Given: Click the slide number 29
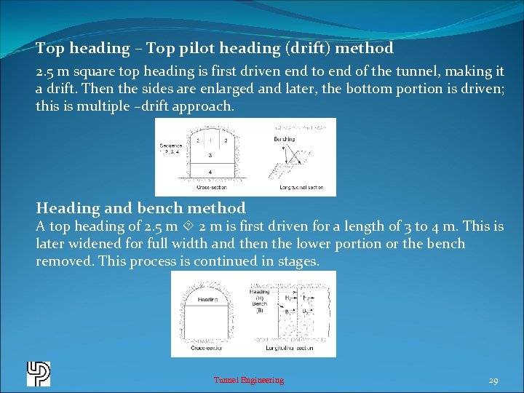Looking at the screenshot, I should [x=493, y=380].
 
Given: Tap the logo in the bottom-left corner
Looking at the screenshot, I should [x=38, y=373].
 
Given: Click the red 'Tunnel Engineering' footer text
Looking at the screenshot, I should [x=248, y=380].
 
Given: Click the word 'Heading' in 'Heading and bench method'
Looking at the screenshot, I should [x=67, y=208].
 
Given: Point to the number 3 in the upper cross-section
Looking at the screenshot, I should [x=210, y=155].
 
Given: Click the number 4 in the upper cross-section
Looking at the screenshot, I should [x=210, y=172].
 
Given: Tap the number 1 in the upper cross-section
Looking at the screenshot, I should [x=210, y=139].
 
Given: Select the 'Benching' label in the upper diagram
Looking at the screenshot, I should [x=285, y=138].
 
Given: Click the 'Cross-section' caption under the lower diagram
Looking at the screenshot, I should [x=207, y=349].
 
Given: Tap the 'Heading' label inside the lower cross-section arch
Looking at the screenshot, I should [x=207, y=299].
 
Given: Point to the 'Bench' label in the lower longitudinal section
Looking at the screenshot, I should [x=259, y=303].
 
